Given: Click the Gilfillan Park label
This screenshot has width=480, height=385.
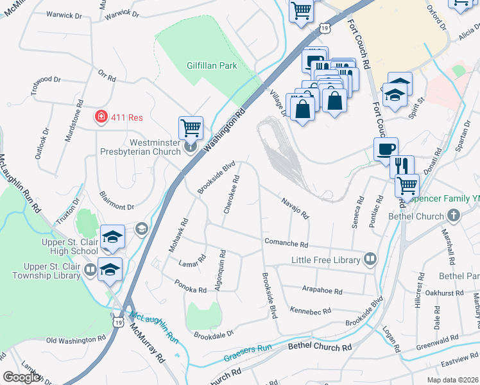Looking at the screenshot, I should [x=212, y=65].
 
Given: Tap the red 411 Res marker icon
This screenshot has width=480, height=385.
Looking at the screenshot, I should [x=101, y=116].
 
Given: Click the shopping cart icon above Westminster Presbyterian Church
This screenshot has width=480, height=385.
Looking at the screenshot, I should [x=191, y=128].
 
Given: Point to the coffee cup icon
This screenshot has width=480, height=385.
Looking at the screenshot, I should [x=386, y=149].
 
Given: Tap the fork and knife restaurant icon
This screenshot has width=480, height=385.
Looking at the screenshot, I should [x=402, y=166].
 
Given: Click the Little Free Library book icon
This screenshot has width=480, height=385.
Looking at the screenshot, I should [x=370, y=259].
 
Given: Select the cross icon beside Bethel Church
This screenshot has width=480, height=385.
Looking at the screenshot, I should [x=454, y=216].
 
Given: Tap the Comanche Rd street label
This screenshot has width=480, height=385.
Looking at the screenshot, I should [x=286, y=244].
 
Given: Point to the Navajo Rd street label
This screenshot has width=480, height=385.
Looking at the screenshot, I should [x=295, y=207].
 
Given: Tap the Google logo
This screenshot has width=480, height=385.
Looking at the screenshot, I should [x=22, y=377].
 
